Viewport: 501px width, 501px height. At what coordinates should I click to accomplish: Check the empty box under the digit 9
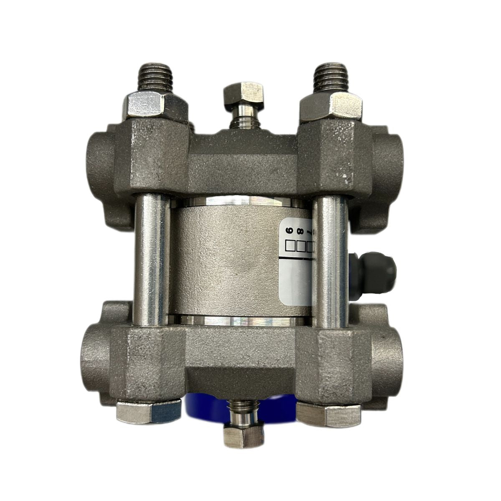click(x=288, y=246)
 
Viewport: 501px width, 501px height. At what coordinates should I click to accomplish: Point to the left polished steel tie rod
click(x=151, y=259)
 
